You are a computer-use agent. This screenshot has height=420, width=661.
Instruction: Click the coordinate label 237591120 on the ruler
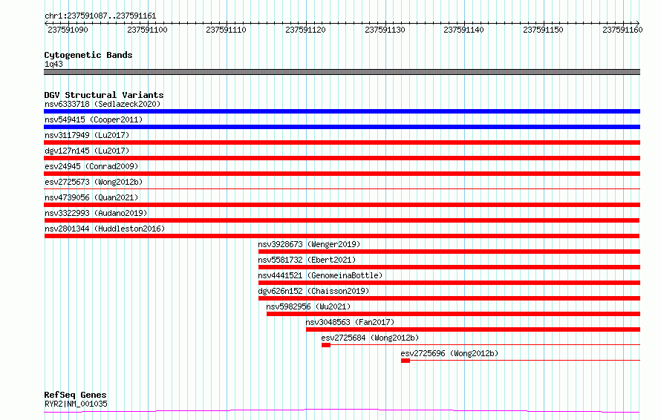306,30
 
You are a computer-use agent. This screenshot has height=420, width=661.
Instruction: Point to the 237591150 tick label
543,30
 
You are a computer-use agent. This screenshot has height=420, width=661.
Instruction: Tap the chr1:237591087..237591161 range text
100,16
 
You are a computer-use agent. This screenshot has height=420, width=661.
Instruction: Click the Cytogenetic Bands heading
88,55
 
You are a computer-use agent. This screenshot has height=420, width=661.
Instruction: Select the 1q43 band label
53,64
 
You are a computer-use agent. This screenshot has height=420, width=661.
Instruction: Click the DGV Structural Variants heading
104,95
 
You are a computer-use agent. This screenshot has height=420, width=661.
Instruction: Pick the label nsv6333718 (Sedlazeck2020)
102,104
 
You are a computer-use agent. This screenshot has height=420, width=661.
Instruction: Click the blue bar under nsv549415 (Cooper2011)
342,127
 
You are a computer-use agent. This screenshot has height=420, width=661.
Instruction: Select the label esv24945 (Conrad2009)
91,166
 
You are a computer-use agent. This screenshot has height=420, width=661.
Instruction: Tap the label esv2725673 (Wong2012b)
94,182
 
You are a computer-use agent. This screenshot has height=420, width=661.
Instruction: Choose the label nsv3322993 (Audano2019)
96,213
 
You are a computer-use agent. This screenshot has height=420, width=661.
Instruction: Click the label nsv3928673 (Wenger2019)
309,244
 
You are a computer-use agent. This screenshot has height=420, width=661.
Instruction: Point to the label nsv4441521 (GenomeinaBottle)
320,275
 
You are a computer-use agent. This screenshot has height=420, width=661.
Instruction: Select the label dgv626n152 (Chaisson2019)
313,291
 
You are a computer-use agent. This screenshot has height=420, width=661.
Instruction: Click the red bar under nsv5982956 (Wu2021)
453,314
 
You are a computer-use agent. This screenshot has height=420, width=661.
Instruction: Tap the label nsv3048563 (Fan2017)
350,322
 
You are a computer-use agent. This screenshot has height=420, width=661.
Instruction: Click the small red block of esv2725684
326,345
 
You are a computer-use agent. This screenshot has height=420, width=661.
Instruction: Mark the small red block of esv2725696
405,361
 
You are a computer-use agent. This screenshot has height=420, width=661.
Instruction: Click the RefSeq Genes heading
76,395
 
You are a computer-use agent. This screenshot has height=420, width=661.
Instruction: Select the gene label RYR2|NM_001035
76,404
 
